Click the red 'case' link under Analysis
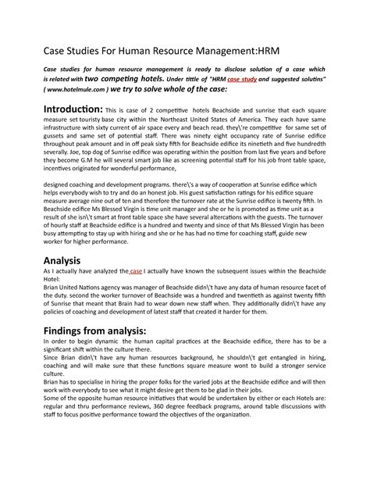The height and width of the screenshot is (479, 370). point(136,295)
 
